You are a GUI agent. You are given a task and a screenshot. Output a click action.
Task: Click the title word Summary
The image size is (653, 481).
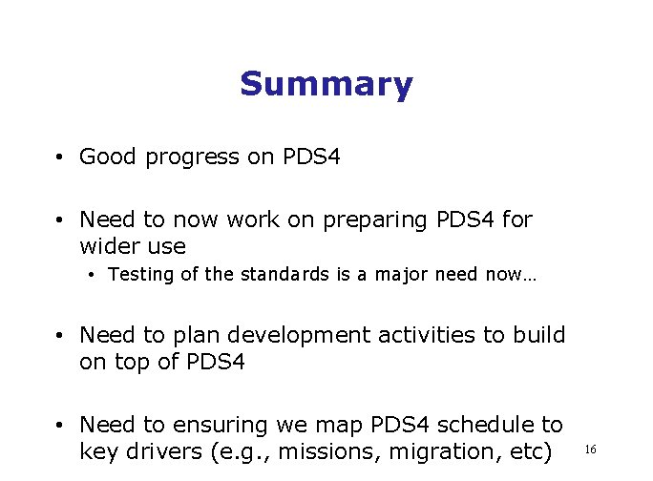[x=326, y=85]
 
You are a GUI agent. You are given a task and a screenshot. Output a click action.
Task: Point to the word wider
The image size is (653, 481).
[x=108, y=246]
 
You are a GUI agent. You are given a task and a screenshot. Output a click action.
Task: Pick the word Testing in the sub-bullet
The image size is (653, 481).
[x=139, y=276]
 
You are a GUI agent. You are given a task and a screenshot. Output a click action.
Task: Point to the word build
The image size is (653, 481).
[x=539, y=336]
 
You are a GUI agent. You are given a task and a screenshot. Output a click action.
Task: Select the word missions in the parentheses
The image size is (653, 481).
[x=314, y=451]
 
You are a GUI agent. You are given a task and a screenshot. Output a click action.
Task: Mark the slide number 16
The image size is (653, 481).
[x=590, y=449]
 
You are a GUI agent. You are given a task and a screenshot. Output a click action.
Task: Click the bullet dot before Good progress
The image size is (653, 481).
[x=59, y=157]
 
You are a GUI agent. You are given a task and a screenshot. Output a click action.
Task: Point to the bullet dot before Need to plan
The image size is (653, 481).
[x=59, y=336]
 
